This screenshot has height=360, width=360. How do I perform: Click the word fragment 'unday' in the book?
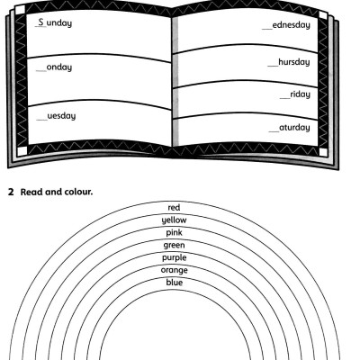[x=59, y=22]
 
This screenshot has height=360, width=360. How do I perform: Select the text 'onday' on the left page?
[x=58, y=67]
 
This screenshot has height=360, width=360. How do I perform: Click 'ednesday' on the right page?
[x=292, y=24]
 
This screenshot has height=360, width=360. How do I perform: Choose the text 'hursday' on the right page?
[x=292, y=62]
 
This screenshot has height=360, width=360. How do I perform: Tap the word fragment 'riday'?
[x=299, y=94]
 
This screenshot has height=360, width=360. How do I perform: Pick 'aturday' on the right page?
[x=294, y=128]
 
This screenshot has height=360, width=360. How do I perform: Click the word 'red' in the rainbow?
[x=175, y=207]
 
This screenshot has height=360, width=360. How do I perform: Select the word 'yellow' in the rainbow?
[x=175, y=220]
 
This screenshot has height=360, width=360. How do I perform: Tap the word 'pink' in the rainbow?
[x=175, y=232]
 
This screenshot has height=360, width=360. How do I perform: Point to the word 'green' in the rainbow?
[x=175, y=245]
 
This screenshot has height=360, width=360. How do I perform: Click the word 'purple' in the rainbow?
[x=175, y=257]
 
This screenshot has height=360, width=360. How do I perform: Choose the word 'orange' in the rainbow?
[x=175, y=270]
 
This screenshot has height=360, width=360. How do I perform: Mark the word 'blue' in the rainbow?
[x=175, y=283]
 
